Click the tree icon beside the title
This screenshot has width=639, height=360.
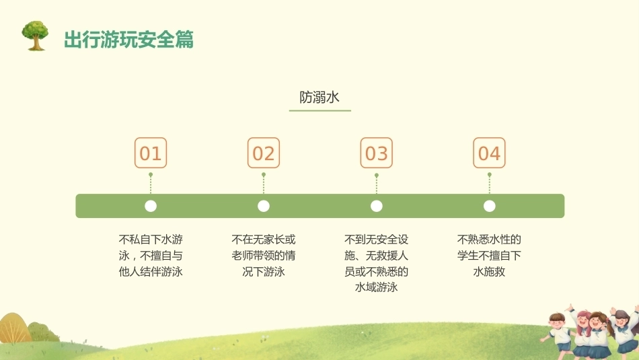click(x=35, y=36)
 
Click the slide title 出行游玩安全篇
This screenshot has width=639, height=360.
click(x=128, y=40)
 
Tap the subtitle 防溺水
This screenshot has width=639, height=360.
click(x=319, y=97)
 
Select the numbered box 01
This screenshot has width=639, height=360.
click(x=151, y=153)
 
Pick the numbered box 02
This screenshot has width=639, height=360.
click(x=264, y=153)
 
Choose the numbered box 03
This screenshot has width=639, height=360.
click(x=377, y=153)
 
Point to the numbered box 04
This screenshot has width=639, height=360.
click(x=489, y=153)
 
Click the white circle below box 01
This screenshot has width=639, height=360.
click(x=151, y=206)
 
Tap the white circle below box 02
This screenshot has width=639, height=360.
click(x=264, y=206)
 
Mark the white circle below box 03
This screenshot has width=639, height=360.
click(x=377, y=206)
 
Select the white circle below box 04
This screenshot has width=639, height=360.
click(x=490, y=206)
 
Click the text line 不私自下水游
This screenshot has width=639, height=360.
click(x=151, y=239)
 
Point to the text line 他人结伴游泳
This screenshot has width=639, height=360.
click(x=151, y=272)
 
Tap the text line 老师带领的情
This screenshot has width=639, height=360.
click(x=264, y=255)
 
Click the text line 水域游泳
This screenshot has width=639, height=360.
click(x=377, y=287)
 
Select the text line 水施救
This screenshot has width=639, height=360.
click(x=490, y=272)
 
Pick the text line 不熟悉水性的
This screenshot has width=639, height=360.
click(x=490, y=239)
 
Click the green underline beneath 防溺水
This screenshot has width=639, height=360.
click(x=320, y=110)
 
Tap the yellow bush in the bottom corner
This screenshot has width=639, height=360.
click(x=14, y=328)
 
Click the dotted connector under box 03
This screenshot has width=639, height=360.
click(x=377, y=184)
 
